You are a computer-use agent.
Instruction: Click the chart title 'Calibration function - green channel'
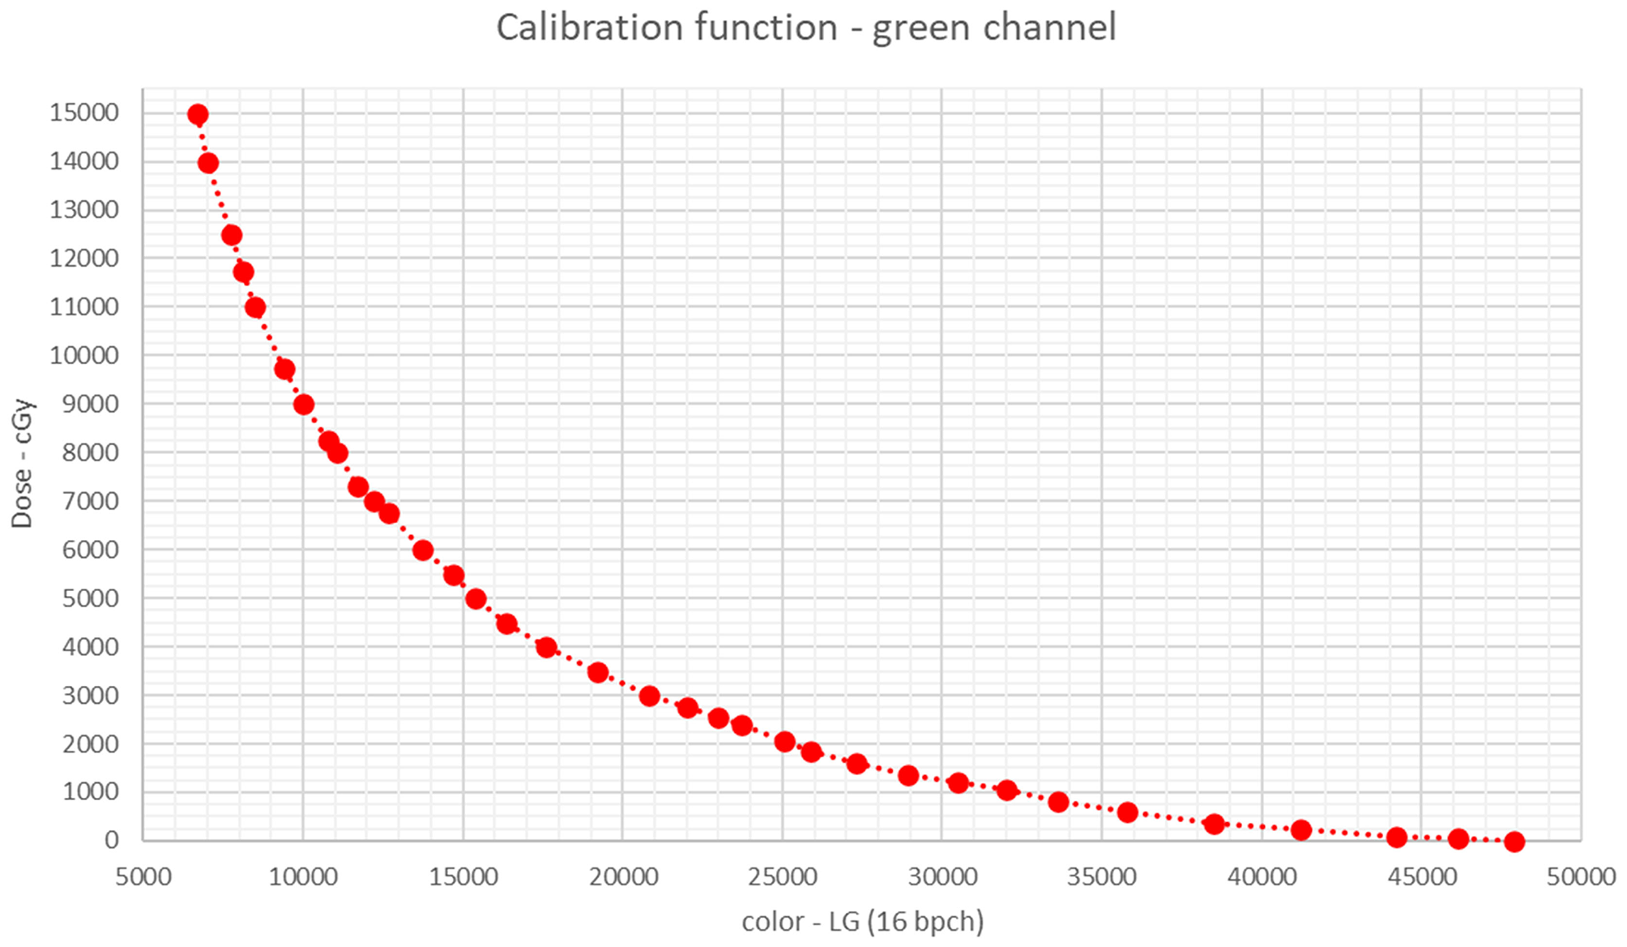806,28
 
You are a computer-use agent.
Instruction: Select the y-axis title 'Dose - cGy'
23,464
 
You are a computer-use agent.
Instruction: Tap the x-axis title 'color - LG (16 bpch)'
862,921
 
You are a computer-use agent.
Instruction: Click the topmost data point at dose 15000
198,114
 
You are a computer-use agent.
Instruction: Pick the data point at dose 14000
207,163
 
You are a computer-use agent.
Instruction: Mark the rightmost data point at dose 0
1514,842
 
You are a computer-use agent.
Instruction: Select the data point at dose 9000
304,405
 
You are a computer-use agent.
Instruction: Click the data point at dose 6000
422,551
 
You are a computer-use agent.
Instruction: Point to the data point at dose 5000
476,599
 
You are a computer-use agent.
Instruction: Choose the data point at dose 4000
546,647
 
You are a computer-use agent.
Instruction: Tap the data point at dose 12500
231,235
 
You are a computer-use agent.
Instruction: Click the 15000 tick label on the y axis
84,113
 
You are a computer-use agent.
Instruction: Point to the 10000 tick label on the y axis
84,355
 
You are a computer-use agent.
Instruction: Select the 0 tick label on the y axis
111,840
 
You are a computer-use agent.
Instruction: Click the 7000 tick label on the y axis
90,501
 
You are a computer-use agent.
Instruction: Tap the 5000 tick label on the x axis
143,876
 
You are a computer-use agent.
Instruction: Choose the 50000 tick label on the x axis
1581,876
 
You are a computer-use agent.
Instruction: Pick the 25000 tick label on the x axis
782,876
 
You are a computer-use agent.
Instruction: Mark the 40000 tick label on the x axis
1262,876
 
